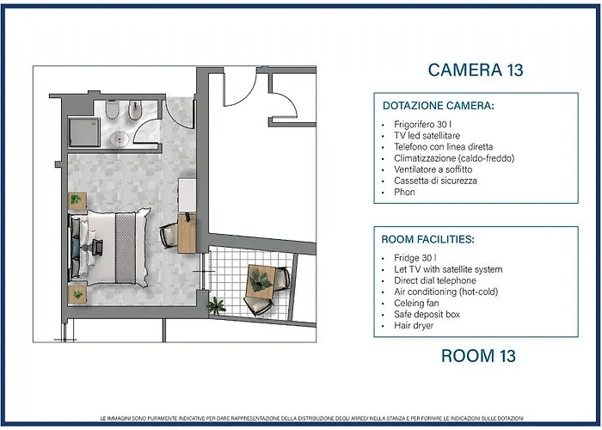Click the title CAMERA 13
click(x=476, y=70)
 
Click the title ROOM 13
click(x=478, y=355)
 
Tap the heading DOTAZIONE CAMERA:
click(x=438, y=106)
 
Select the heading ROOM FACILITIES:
click(x=427, y=239)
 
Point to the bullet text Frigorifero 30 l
click(x=422, y=125)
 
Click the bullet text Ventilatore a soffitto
click(x=433, y=169)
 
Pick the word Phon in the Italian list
click(x=404, y=192)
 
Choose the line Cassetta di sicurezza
click(x=435, y=181)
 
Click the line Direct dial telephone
click(x=435, y=280)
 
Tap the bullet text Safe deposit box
click(x=427, y=314)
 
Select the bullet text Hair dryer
click(x=414, y=326)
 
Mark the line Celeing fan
click(x=416, y=303)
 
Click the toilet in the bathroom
click(x=112, y=110)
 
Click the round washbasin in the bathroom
click(x=120, y=138)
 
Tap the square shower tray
click(x=84, y=132)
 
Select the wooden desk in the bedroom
click(x=187, y=233)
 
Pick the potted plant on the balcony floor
click(x=216, y=306)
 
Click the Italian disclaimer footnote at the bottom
click(x=311, y=418)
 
